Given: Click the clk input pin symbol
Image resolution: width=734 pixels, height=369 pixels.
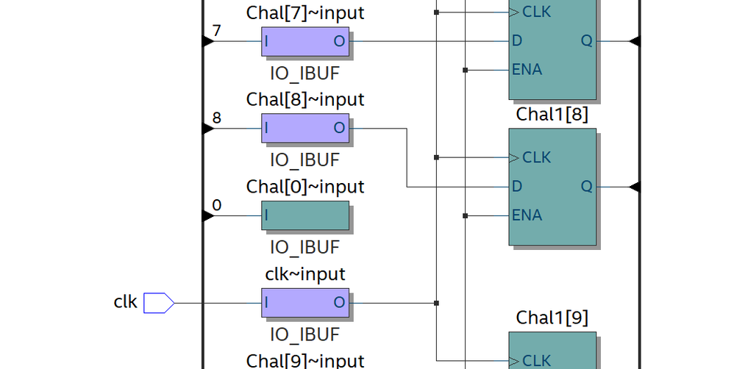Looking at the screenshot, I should click(x=158, y=302).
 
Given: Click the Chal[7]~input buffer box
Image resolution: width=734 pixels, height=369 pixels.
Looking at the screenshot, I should click(x=305, y=42).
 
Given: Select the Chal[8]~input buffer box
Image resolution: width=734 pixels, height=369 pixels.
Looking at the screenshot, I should click(x=305, y=129).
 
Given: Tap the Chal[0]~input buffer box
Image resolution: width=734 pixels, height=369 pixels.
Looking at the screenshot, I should click(x=305, y=215).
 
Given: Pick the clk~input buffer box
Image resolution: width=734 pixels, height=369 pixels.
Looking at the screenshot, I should click(x=305, y=303).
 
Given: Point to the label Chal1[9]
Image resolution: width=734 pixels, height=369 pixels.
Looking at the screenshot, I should click(x=552, y=318).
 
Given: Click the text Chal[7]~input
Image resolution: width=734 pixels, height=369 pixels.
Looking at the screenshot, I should click(x=305, y=12).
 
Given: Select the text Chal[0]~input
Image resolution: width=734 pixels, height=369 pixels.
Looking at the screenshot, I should click(x=305, y=187).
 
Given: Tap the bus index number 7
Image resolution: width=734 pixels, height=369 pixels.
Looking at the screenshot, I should click(x=216, y=30).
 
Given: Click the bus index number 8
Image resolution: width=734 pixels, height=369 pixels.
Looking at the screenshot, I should click(x=216, y=118).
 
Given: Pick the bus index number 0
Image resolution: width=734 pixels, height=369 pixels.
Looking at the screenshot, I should click(x=216, y=204).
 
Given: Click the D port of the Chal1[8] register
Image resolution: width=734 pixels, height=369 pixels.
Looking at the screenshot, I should click(x=517, y=187).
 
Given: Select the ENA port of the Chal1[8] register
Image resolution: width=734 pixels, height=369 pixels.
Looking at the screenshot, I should click(x=527, y=215).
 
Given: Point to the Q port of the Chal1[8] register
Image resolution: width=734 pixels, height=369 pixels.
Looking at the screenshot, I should click(x=586, y=187).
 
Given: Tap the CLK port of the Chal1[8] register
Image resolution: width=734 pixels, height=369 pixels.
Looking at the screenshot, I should click(x=535, y=157).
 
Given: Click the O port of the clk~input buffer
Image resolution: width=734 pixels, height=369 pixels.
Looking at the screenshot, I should click(x=339, y=303).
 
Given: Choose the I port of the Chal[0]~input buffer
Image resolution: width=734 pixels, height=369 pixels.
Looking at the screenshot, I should click(x=266, y=215).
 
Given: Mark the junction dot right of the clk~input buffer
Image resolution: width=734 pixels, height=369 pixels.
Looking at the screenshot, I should click(x=437, y=303).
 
